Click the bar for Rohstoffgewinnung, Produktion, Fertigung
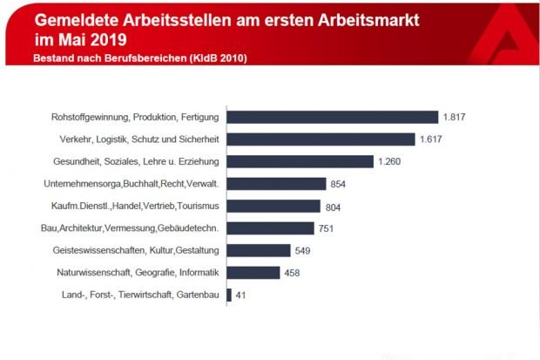pyautogui.click(x=332, y=117)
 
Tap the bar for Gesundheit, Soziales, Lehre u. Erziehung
pyautogui.click(x=300, y=161)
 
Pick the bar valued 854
pyautogui.click(x=276, y=184)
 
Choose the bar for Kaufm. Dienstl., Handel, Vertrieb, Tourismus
pyautogui.click(x=273, y=207)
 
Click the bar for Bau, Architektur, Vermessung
pyautogui.click(x=270, y=228)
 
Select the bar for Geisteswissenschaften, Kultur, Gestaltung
pyautogui.click(x=259, y=251)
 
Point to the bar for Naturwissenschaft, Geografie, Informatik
pyautogui.click(x=253, y=273)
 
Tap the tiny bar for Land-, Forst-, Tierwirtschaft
pyautogui.click(x=229, y=295)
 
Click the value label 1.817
pyautogui.click(x=455, y=117)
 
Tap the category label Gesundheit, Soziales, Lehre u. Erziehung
pyautogui.click(x=135, y=161)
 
